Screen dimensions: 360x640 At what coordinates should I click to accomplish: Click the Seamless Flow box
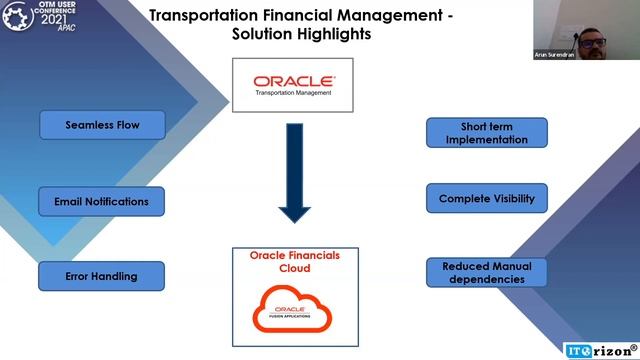pyautogui.click(x=102, y=125)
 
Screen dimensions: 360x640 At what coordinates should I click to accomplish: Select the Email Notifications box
pyautogui.click(x=102, y=201)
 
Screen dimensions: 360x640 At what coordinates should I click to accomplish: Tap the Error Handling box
pyautogui.click(x=102, y=276)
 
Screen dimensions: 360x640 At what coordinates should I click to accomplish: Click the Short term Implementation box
pyautogui.click(x=487, y=133)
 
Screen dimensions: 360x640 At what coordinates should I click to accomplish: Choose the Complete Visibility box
pyautogui.click(x=487, y=199)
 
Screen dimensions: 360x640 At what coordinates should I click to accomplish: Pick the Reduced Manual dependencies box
pyautogui.click(x=487, y=273)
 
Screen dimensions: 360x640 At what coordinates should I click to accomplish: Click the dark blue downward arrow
pyautogui.click(x=295, y=171)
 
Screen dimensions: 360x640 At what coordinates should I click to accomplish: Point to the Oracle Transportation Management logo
pyautogui.click(x=294, y=85)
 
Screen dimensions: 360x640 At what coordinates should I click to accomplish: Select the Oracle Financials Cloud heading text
pyautogui.click(x=294, y=262)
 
